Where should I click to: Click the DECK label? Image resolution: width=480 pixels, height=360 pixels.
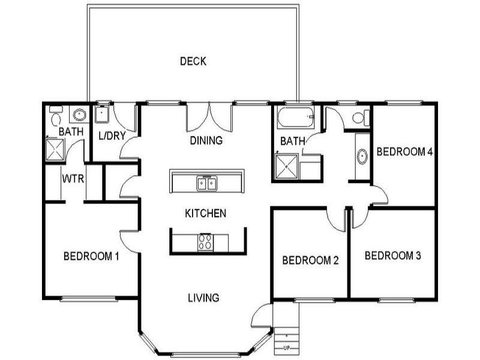click(193, 61)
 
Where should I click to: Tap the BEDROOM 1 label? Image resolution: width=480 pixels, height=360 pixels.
click(91, 257)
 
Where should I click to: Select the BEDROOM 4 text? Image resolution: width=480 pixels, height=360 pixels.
click(404, 152)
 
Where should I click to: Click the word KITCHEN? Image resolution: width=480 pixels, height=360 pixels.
click(205, 213)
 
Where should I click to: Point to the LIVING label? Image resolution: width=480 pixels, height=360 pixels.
click(203, 297)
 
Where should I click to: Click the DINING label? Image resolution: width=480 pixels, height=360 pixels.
click(206, 141)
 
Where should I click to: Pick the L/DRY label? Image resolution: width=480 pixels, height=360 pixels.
click(112, 136)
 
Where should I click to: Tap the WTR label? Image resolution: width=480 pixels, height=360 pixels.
click(73, 178)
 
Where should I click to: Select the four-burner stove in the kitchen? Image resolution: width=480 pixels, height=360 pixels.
click(205, 242)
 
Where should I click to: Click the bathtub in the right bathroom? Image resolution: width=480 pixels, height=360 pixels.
click(295, 118)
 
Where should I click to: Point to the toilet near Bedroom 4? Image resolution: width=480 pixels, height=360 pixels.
click(361, 117)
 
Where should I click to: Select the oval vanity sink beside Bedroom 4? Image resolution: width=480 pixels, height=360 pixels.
click(362, 157)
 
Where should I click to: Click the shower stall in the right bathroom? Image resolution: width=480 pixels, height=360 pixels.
click(287, 167)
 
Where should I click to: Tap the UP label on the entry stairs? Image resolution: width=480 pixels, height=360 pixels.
click(286, 348)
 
